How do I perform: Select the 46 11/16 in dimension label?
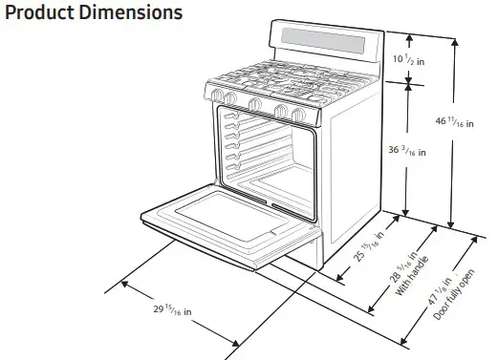tap(455, 121)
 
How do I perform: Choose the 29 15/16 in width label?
tap(173, 312)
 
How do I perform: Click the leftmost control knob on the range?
tap(218, 96)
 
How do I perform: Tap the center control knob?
tap(255, 104)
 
